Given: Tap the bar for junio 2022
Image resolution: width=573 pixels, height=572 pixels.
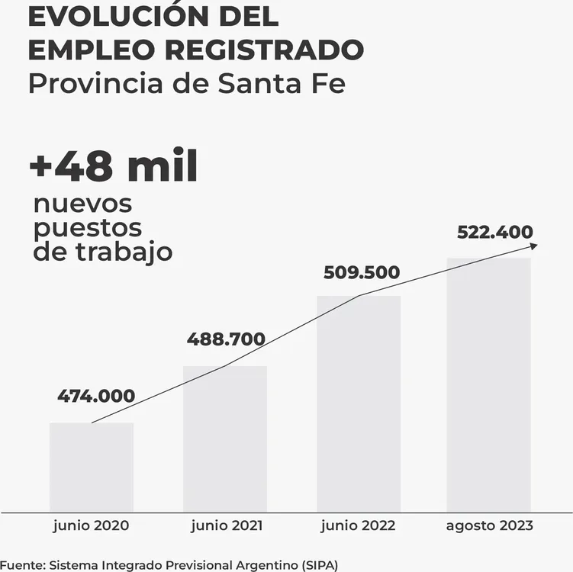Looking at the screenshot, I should tap(359, 403).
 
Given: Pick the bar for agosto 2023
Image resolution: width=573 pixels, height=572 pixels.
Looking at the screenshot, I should tap(488, 384).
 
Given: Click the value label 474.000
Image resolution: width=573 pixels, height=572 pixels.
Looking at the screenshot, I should tap(96, 397).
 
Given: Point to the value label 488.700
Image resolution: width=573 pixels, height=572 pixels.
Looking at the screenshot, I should tap(226, 339).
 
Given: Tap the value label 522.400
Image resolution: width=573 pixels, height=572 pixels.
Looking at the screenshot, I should tap(495, 233).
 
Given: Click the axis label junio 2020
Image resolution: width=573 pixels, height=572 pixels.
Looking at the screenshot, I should tap(92, 526).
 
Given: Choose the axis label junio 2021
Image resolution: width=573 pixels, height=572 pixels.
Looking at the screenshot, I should tap(227, 526).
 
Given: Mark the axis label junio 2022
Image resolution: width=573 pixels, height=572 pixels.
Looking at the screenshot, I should tap(359, 526).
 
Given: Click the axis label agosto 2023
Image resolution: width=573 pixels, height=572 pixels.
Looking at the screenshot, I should tap(489, 526).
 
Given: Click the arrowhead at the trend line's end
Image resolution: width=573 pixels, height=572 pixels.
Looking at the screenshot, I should tap(533, 246).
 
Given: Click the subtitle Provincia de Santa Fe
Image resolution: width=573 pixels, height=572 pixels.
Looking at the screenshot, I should tap(187, 84).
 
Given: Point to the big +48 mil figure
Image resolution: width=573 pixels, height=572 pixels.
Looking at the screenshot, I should tap(114, 167).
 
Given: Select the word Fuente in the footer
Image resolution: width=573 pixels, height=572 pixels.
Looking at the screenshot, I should tap(21, 564).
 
